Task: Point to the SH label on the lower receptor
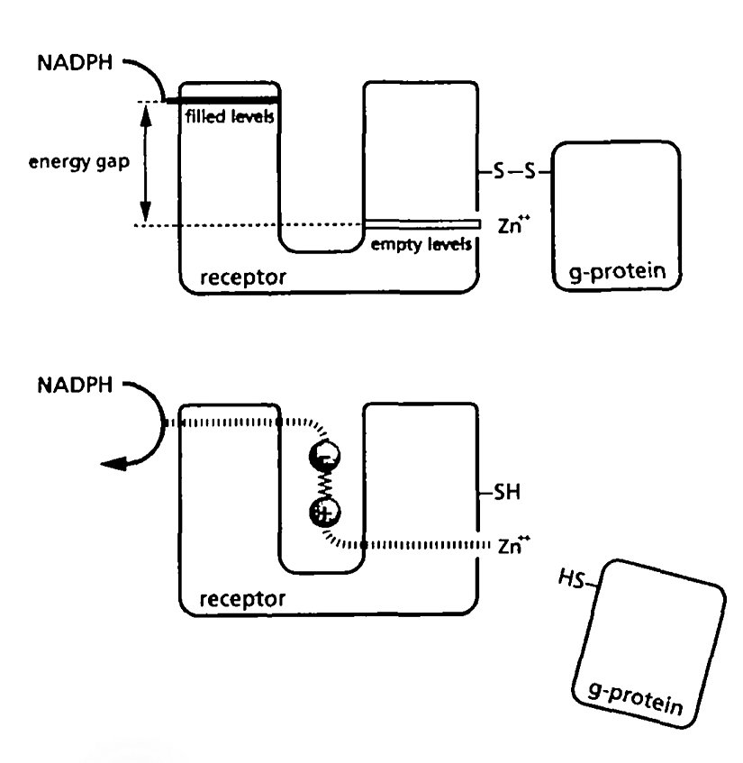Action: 504,493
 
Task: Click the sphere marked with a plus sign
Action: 323,513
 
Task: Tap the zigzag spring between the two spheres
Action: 323,485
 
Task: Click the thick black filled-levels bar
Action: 222,101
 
